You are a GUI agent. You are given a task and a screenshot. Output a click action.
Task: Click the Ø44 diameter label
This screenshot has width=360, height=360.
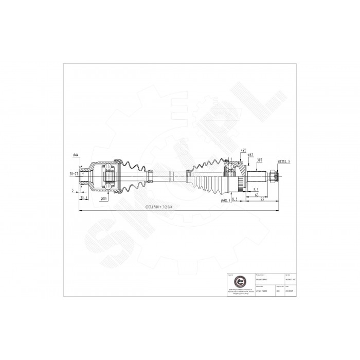[x=76, y=155]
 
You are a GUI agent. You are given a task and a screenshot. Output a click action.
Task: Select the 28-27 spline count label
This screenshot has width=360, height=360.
[x=73, y=174]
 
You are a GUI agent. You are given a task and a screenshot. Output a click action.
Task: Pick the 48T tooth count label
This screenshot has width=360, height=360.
[x=243, y=150]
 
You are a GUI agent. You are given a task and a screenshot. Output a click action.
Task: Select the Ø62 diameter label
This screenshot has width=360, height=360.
[x=250, y=155]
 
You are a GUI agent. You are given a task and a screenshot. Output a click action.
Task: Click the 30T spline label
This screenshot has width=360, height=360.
[x=261, y=160]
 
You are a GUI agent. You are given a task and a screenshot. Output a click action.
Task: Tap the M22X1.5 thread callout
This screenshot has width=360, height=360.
[x=284, y=161]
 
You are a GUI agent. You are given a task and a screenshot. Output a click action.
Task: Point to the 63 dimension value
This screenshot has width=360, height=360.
[x=256, y=196]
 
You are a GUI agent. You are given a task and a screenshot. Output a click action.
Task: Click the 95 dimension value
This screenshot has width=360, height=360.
[x=263, y=201]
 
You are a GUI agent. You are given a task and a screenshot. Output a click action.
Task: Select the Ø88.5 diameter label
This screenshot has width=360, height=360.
[x=225, y=200]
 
